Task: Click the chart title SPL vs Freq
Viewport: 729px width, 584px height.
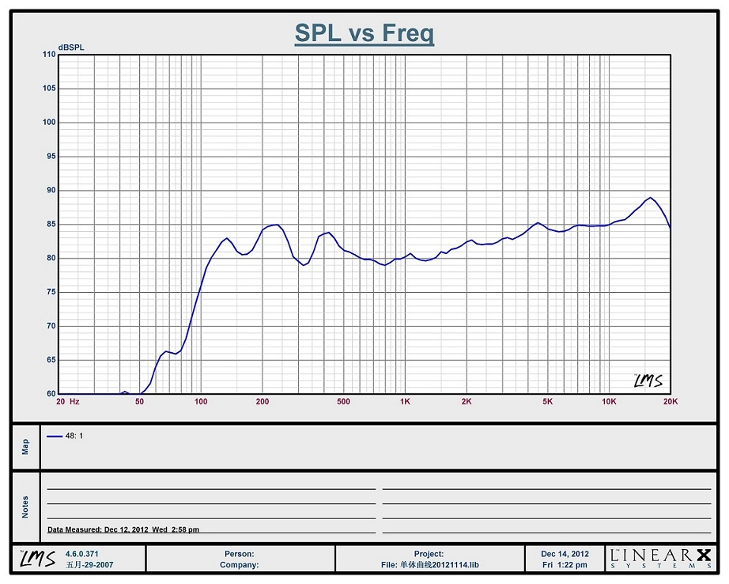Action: [364, 33]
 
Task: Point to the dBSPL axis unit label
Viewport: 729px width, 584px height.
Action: [70, 47]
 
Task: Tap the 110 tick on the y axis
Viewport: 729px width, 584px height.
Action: [49, 55]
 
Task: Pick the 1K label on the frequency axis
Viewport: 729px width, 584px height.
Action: [405, 402]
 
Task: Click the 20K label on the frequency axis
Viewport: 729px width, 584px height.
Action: [670, 402]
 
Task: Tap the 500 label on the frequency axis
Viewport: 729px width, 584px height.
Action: [343, 402]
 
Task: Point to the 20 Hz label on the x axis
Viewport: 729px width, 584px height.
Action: [67, 402]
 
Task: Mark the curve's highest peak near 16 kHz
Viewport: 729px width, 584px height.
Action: [650, 198]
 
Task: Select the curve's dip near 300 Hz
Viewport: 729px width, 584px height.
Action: [303, 265]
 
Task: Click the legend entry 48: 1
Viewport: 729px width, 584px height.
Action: [66, 436]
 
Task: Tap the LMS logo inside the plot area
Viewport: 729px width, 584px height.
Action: [648, 381]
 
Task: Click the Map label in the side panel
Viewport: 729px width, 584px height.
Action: [25, 446]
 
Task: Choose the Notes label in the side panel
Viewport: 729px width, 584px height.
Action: [25, 506]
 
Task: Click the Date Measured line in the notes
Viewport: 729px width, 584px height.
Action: [123, 529]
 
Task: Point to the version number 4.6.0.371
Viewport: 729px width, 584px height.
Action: [81, 553]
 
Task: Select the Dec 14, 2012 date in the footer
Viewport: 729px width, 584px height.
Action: [565, 554]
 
